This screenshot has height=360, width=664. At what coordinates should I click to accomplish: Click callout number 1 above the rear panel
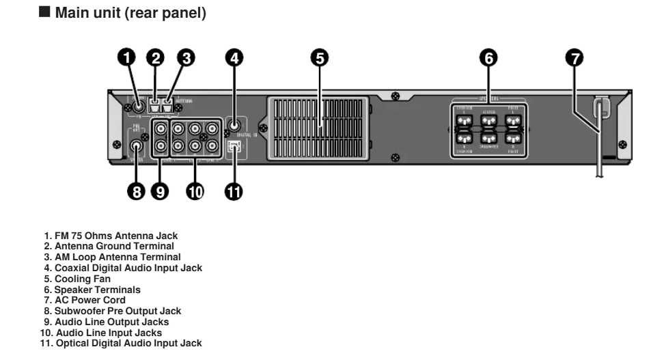(126, 58)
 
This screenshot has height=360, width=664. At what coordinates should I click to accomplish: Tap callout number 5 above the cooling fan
(320, 58)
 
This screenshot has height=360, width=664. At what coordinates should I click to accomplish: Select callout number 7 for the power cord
(575, 58)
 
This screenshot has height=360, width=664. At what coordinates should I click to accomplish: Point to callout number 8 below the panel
(137, 192)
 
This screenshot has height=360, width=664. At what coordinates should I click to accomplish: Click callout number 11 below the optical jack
(234, 192)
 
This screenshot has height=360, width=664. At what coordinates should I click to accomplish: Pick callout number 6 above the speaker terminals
(488, 58)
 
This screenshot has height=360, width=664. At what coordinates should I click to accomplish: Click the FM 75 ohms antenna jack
(138, 106)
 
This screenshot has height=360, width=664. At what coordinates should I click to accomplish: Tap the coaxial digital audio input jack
(234, 125)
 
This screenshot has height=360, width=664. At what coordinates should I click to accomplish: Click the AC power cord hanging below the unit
(599, 157)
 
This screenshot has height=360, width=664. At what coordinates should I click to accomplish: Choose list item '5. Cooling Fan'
(77, 279)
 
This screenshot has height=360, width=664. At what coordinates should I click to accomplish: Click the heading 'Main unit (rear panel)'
(130, 13)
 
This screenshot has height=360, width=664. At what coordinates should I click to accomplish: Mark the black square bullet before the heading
(46, 13)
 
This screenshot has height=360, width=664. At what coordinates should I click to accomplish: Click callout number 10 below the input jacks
(195, 192)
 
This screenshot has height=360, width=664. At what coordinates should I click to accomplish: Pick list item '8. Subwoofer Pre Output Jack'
(113, 311)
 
